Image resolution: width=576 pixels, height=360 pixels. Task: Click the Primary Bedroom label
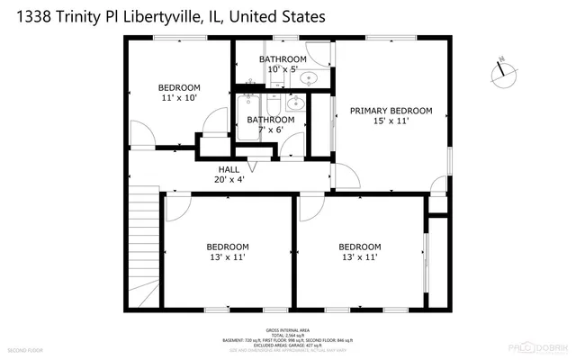391,111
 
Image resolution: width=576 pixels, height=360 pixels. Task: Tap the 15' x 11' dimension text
391,121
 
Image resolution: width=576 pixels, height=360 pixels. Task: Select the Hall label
229,169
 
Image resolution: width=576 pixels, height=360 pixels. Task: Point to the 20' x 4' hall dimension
229,179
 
